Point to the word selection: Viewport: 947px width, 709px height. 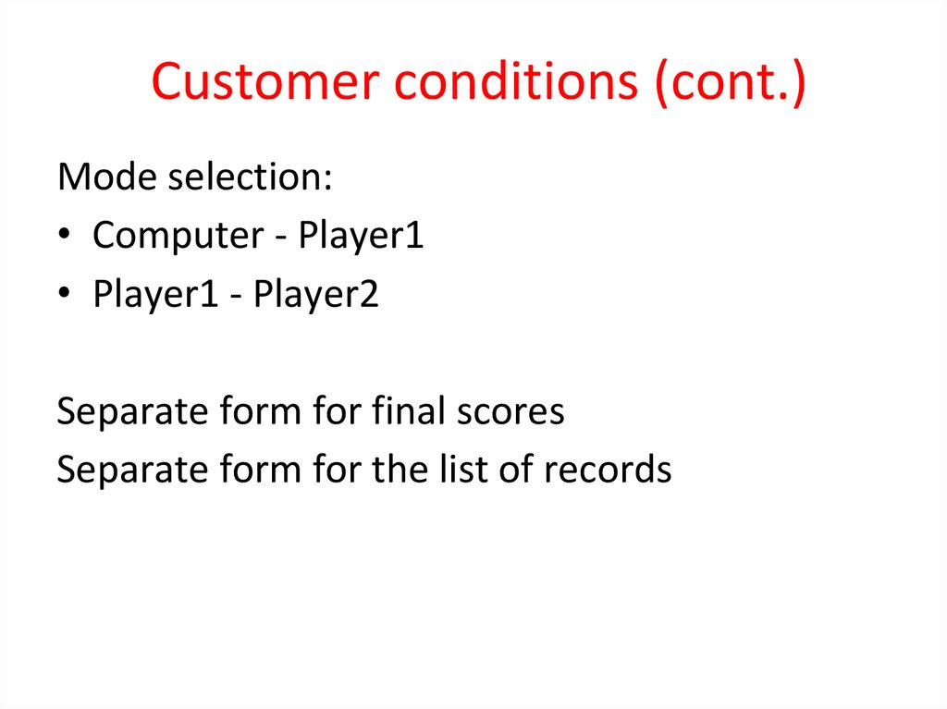pyautogui.click(x=249, y=177)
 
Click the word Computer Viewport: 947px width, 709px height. pyautogui.click(x=171, y=236)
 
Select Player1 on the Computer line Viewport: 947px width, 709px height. pyautogui.click(x=361, y=236)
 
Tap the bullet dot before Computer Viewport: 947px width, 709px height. pyautogui.click(x=64, y=238)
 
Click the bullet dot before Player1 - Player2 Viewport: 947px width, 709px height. pyautogui.click(x=64, y=297)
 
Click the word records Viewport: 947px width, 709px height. pyautogui.click(x=607, y=469)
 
